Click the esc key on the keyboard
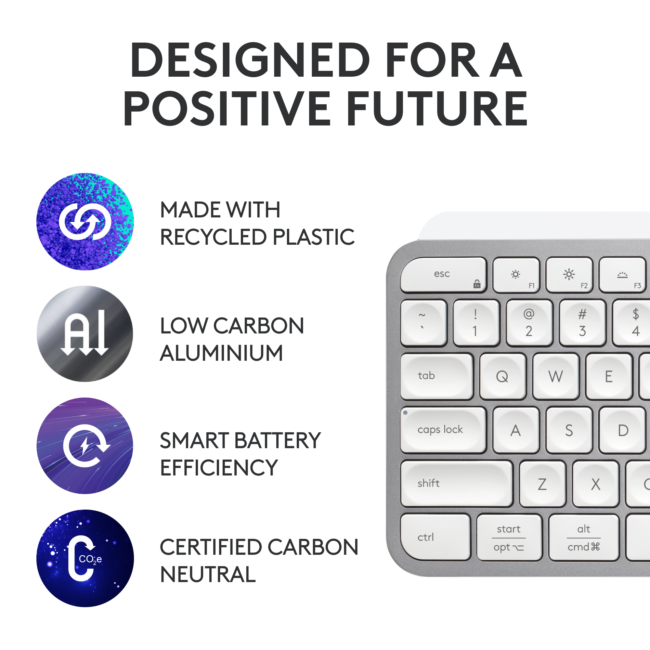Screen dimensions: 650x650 [443, 275]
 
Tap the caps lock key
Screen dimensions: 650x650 [443, 430]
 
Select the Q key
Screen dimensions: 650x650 [503, 376]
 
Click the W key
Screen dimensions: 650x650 [556, 376]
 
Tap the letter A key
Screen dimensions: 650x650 [516, 430]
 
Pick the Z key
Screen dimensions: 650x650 [542, 484]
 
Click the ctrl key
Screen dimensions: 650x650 [435, 537]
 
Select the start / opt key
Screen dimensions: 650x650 [509, 537]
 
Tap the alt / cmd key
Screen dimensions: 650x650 [584, 537]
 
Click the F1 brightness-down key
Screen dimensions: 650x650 [516, 275]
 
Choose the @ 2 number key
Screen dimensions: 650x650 [529, 323]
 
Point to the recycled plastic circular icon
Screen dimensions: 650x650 [85, 221]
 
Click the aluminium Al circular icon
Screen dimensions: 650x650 [85, 334]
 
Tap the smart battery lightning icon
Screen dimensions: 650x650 [85, 446]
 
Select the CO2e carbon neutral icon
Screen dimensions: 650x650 [85, 558]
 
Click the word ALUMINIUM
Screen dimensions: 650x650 [221, 353]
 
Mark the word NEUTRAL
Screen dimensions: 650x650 [208, 575]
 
